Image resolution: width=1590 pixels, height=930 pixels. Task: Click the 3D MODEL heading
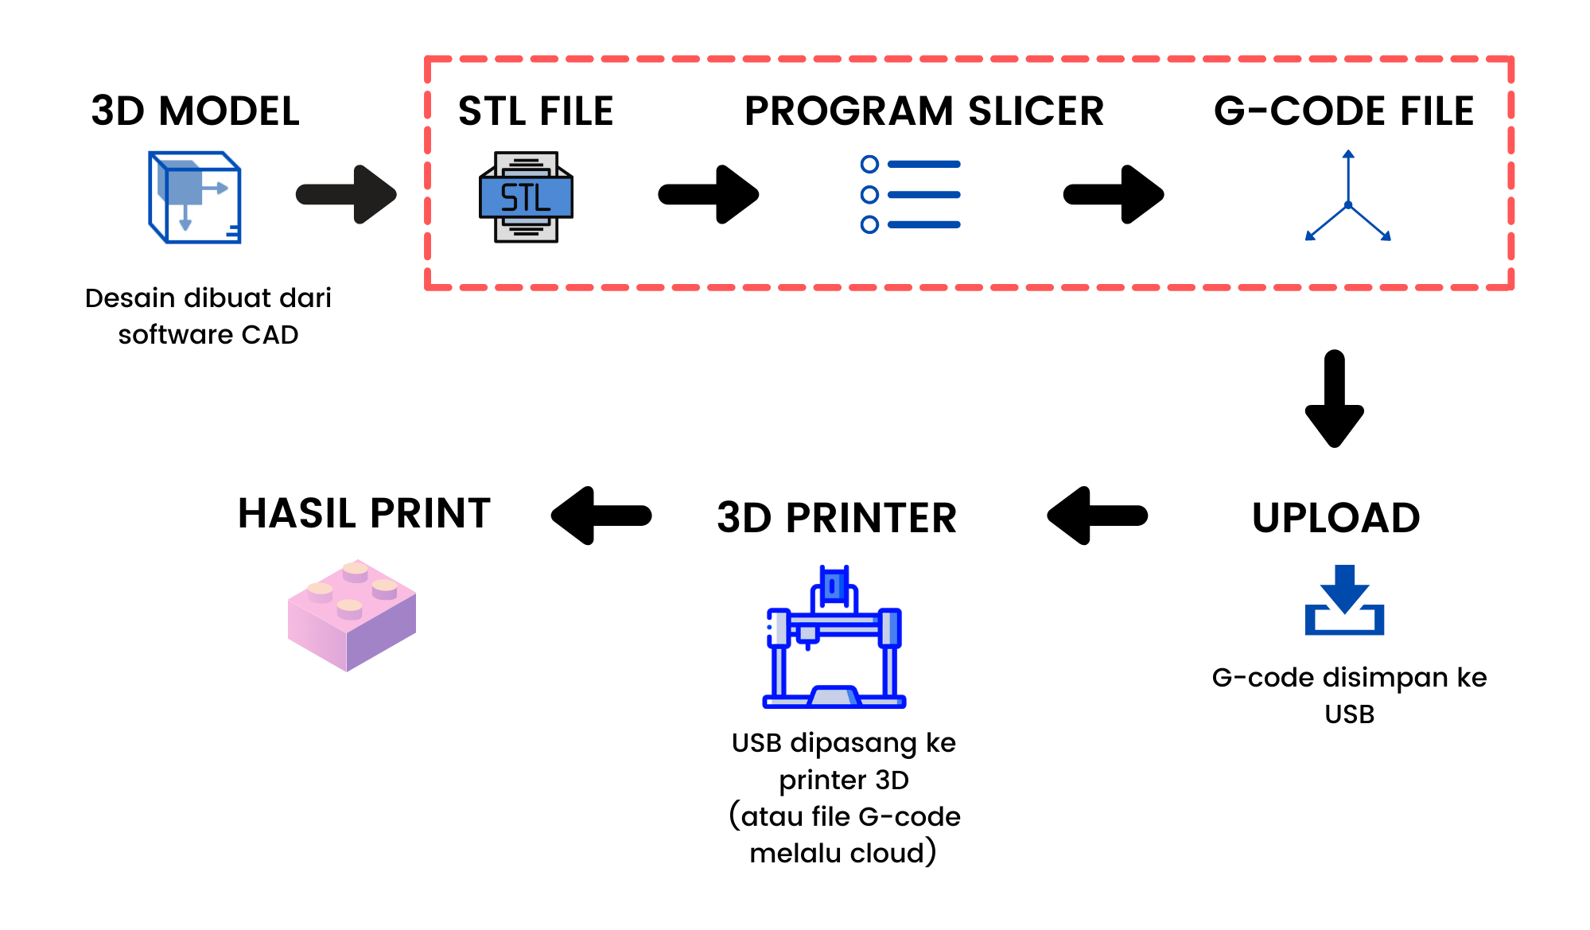tap(195, 111)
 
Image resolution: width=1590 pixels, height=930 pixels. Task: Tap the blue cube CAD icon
tap(194, 197)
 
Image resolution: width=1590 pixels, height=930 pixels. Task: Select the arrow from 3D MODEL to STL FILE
tap(347, 194)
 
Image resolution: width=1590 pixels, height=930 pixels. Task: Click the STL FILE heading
tap(535, 111)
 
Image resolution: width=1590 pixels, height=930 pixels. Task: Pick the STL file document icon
tap(526, 197)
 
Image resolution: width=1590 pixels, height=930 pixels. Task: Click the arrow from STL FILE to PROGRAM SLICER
tap(709, 194)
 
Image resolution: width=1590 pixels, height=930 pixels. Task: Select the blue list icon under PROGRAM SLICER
tap(910, 195)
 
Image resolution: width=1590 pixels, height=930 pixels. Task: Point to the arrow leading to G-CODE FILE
tap(1114, 194)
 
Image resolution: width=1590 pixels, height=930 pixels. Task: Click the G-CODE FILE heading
tap(1343, 111)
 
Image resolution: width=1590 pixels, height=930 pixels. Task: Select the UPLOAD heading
tap(1335, 518)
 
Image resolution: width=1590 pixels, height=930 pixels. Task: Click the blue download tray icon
tap(1344, 601)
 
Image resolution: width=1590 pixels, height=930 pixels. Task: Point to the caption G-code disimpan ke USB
tap(1349, 695)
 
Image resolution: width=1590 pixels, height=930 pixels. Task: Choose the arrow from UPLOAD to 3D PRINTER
tap(1098, 516)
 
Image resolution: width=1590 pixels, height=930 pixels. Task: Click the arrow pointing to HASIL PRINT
tap(601, 516)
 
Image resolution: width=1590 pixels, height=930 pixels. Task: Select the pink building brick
tap(352, 616)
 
